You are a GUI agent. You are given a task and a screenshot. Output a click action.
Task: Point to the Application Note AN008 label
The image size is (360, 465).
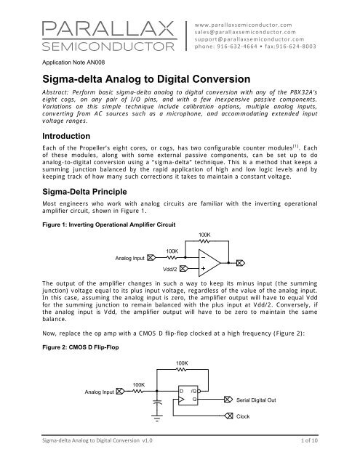pyautogui.click(x=68, y=63)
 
